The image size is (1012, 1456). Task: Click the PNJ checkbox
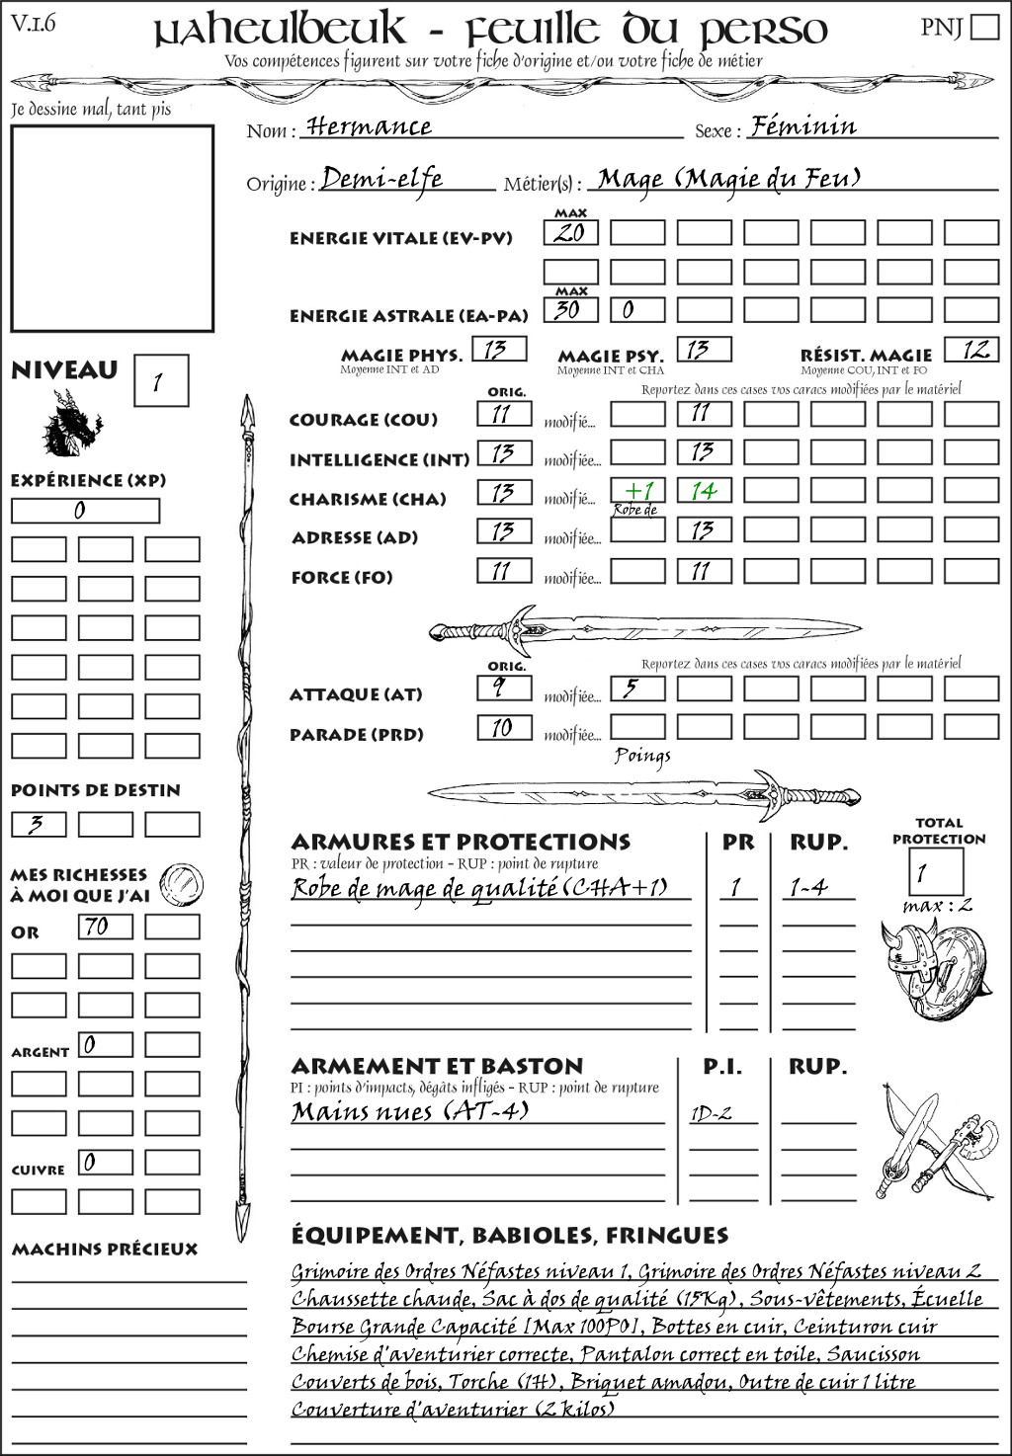coord(985,27)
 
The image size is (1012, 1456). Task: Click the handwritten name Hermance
coord(368,127)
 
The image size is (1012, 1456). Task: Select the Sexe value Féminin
coord(803,126)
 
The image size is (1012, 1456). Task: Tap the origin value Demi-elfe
coord(381,179)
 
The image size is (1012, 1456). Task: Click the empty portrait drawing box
coord(112,228)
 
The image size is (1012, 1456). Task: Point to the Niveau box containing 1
coord(160,381)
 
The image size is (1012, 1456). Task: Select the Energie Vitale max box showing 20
coord(570,233)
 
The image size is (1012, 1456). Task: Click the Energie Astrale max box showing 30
coord(570,310)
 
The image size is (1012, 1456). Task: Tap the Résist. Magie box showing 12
coord(971,350)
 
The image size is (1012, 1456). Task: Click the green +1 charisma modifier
coord(637,491)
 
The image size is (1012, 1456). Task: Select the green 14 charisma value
coord(704,491)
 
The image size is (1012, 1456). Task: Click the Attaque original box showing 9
coord(504,688)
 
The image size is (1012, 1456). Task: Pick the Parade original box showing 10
coord(504,728)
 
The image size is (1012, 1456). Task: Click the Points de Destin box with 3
coord(39,824)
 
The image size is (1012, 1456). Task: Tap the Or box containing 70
coord(105,927)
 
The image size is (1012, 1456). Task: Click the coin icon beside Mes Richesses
coord(182,882)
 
